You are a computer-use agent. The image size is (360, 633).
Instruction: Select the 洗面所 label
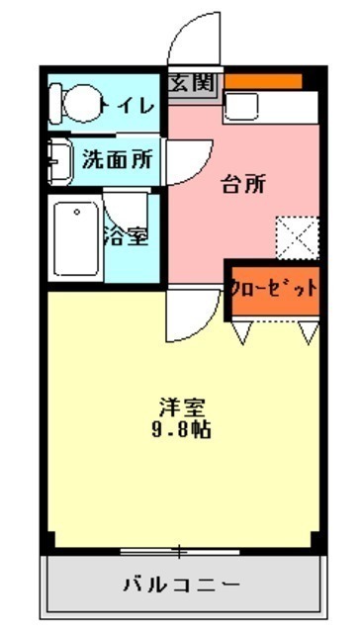[118, 159]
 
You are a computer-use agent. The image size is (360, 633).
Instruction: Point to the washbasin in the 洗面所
[59, 161]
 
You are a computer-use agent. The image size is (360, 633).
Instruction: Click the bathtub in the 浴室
[76, 238]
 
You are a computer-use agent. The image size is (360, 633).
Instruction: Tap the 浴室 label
[126, 236]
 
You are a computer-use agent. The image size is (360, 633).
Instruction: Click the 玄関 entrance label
[191, 83]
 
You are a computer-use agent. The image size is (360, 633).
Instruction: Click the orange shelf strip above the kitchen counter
[263, 81]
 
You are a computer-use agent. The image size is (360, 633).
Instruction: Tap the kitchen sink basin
[241, 106]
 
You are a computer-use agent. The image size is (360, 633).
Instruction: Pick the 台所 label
[243, 185]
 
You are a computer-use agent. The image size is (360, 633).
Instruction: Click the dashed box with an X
[298, 238]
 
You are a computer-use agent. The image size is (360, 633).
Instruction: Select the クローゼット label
[274, 288]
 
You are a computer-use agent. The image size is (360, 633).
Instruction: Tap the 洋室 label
[181, 407]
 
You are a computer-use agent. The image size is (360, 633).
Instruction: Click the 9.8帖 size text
[181, 430]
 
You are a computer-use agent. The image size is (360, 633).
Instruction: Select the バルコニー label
[182, 585]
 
